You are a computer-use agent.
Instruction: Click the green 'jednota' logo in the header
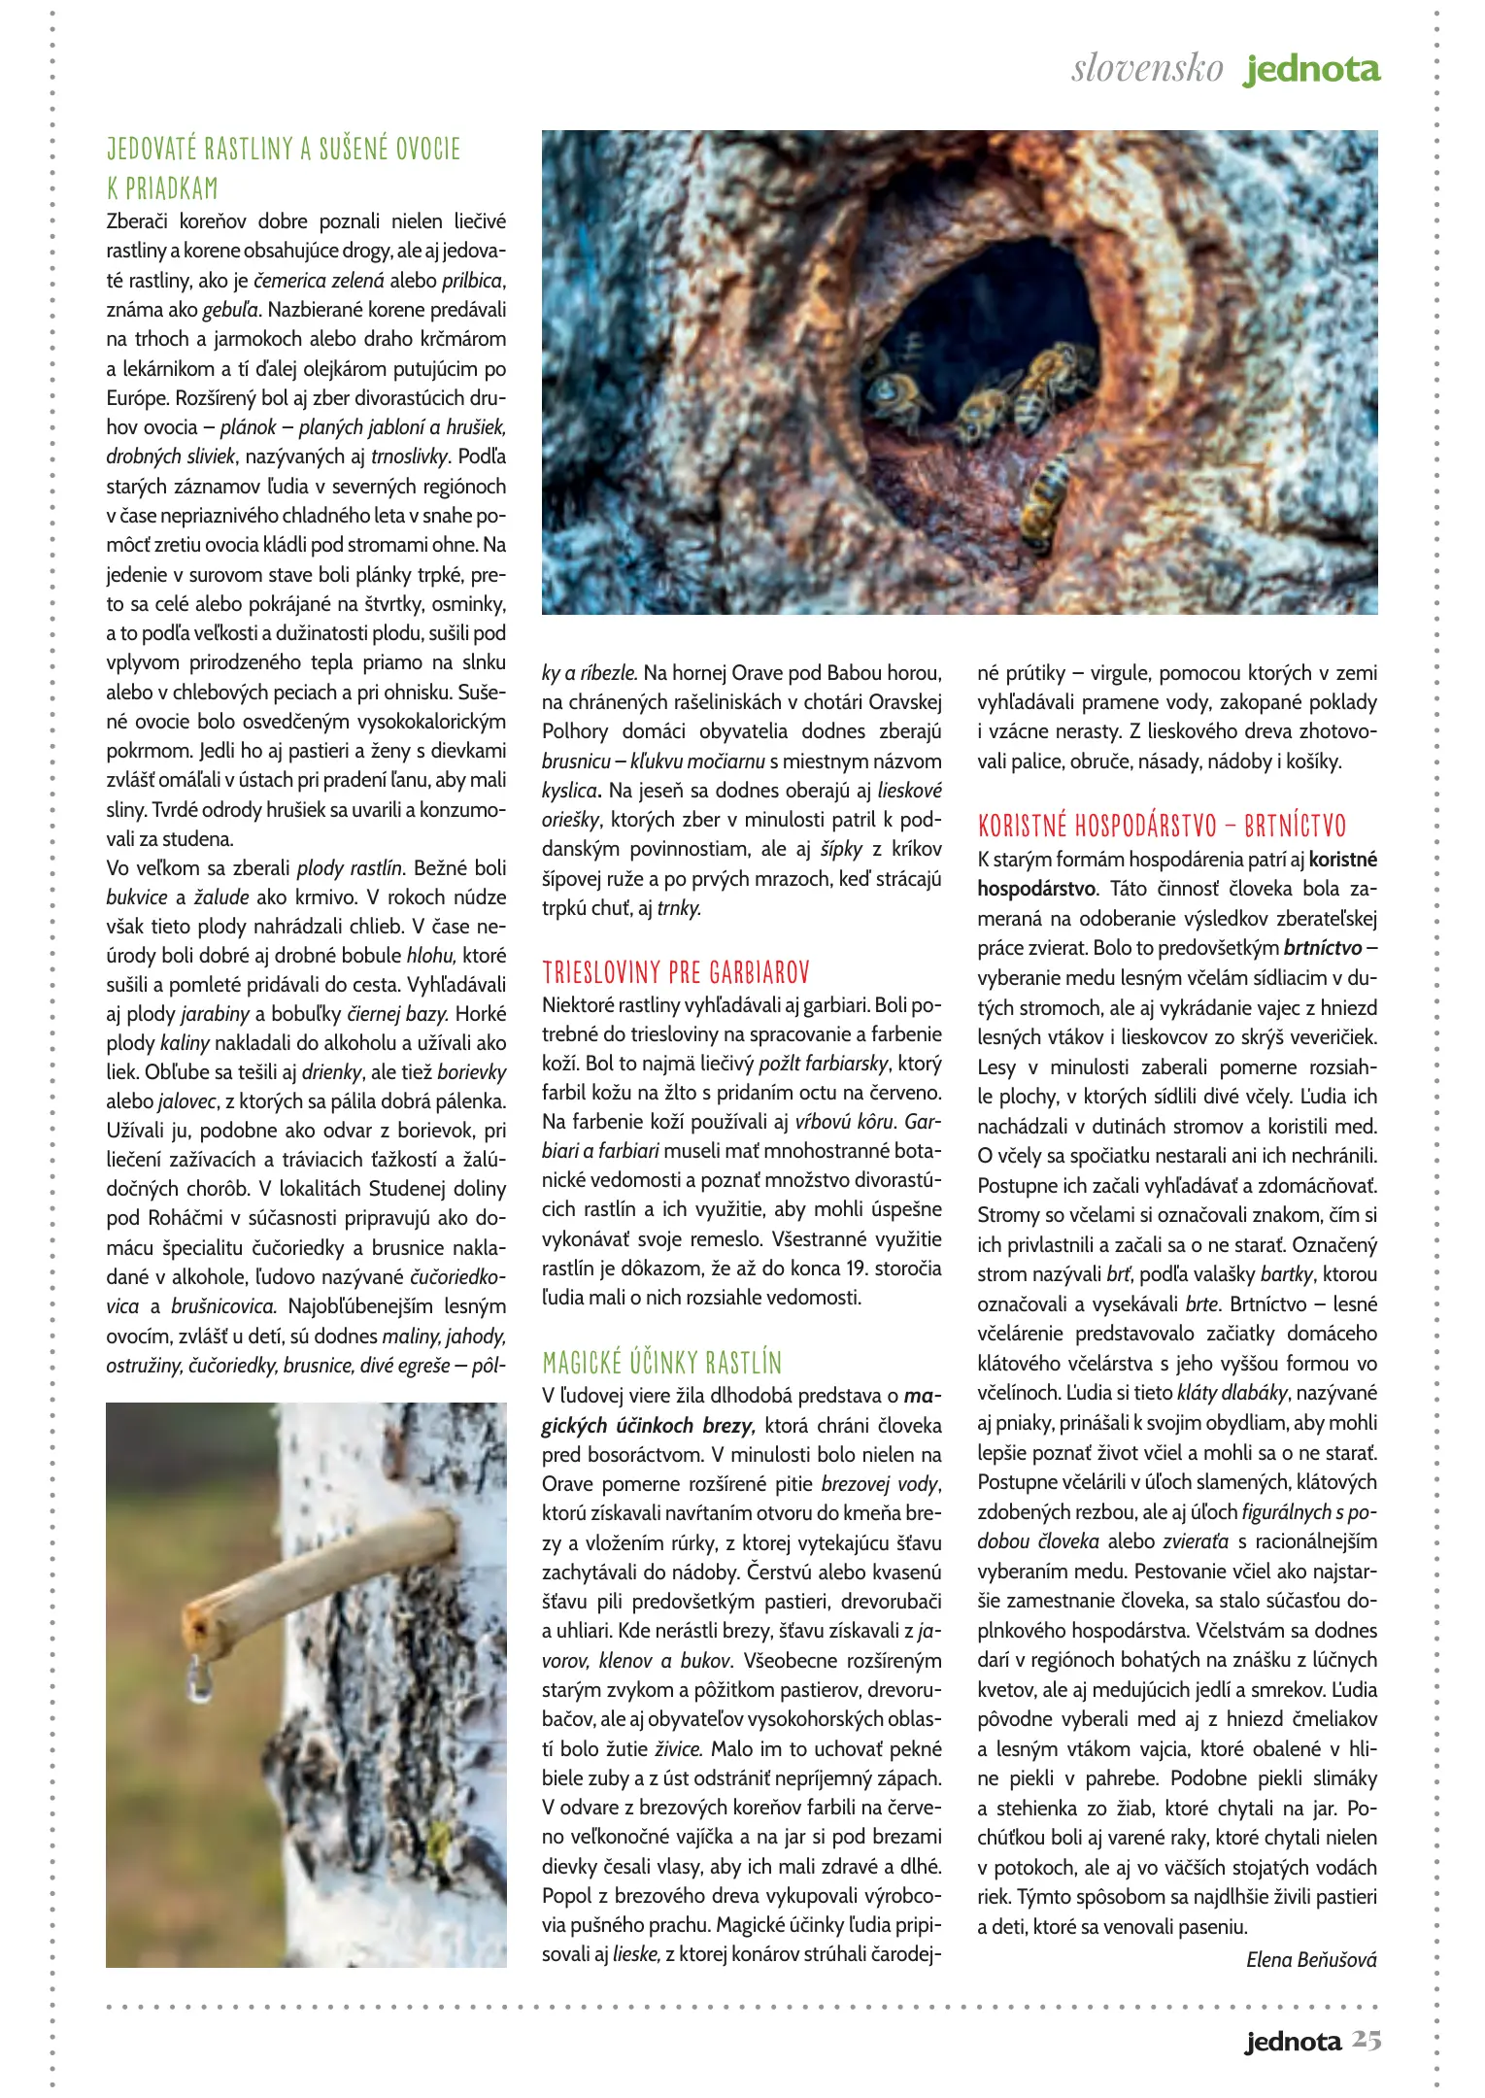coord(1312,70)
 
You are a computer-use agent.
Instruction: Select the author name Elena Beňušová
coord(1311,1959)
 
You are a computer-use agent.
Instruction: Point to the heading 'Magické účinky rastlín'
coord(661,1363)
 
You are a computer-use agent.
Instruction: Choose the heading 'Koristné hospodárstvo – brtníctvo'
coord(1162,827)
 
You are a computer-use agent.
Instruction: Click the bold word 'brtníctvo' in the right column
coord(1323,947)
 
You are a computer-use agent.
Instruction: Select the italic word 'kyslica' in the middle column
coord(569,791)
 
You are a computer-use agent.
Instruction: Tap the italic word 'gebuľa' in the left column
coord(230,310)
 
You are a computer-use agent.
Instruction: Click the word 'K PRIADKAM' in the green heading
coord(162,188)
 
